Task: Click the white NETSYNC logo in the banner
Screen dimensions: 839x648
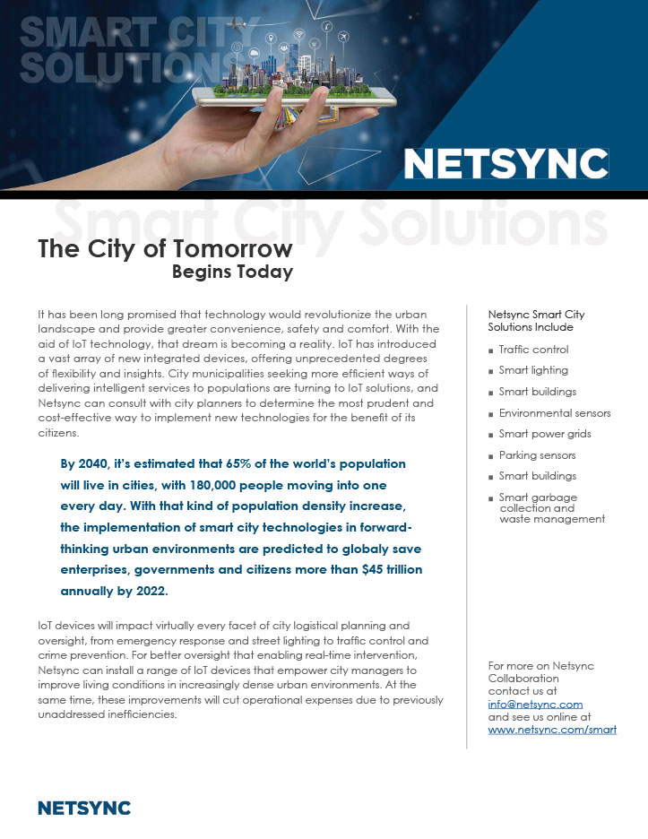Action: click(x=505, y=164)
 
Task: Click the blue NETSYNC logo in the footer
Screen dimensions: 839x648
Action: click(x=84, y=809)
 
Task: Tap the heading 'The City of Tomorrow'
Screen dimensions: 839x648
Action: click(x=165, y=249)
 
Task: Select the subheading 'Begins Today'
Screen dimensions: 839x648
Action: click(x=232, y=272)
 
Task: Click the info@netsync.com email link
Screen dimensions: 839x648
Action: click(x=535, y=705)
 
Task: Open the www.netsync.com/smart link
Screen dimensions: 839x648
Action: click(x=552, y=730)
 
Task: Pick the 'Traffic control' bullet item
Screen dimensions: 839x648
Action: click(x=533, y=350)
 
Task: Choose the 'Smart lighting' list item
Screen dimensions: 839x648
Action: click(x=533, y=370)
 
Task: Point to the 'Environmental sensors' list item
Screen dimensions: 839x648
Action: click(x=554, y=413)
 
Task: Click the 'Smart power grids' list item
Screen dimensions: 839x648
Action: click(x=544, y=434)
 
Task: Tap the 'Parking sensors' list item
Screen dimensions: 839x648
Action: click(x=537, y=455)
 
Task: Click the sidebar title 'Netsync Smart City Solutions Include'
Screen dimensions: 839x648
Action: click(x=536, y=321)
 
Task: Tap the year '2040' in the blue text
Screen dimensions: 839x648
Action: click(x=99, y=464)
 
